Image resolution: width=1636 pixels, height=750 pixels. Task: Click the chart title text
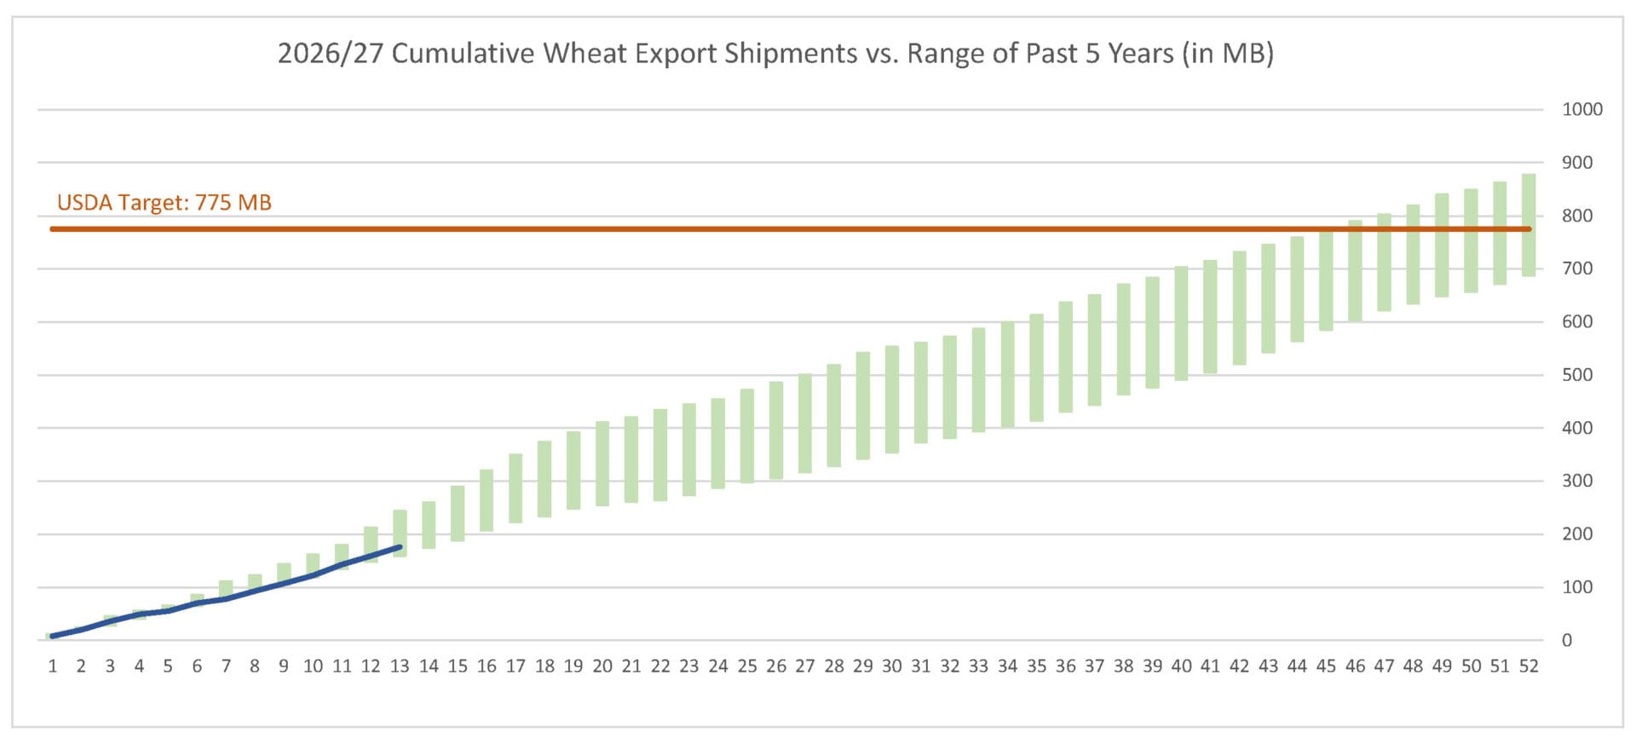tap(775, 54)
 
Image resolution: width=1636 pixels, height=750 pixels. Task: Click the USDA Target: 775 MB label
tap(164, 203)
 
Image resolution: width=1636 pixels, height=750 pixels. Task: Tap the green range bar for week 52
tap(1529, 225)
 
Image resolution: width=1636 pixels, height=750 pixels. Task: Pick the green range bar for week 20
tap(602, 464)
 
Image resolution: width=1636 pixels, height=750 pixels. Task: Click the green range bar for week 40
tap(1181, 323)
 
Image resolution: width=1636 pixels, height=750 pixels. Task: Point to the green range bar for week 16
tap(487, 500)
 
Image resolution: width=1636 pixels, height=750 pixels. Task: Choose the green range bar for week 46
tap(1355, 271)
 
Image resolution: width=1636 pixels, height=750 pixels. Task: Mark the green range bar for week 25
tap(747, 436)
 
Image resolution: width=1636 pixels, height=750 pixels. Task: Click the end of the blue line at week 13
tap(400, 547)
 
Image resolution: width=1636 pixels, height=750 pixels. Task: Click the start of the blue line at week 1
tap(52, 636)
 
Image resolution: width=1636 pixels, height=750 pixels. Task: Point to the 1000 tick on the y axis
tap(1582, 109)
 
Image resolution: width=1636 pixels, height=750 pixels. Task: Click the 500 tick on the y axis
tap(1577, 375)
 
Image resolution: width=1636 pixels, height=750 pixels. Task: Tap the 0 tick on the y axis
tap(1567, 641)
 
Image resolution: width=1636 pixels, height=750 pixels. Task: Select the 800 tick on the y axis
tap(1577, 216)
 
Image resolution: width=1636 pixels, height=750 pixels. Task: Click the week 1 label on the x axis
tap(53, 666)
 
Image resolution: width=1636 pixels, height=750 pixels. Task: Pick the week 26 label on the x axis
tap(776, 666)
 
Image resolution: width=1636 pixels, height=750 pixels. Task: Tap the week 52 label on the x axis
tap(1529, 666)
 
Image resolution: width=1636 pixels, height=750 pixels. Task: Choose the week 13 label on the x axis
tap(400, 666)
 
